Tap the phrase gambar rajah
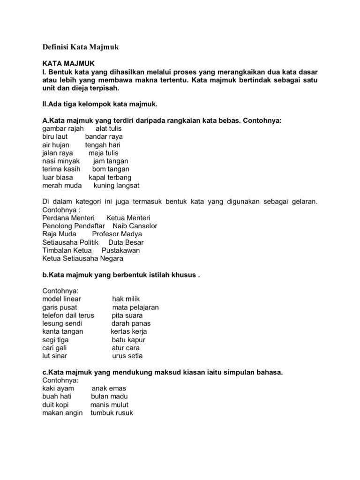pyautogui.click(x=63, y=128)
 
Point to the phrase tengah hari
pyautogui.click(x=103, y=145)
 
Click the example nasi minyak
pyautogui.click(x=61, y=161)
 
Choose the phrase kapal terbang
pyautogui.click(x=110, y=177)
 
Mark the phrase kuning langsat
pyautogui.click(x=117, y=185)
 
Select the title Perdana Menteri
pyautogui.click(x=68, y=218)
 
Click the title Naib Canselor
pyautogui.click(x=135, y=226)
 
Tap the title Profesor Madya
pyautogui.click(x=117, y=234)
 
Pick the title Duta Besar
pyautogui.click(x=126, y=242)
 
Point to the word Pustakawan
pyautogui.click(x=120, y=250)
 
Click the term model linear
pyautogui.click(x=61, y=299)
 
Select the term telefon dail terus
pyautogui.click(x=68, y=315)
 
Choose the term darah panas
pyautogui.click(x=131, y=323)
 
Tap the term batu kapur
pyautogui.click(x=128, y=340)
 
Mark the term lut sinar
pyautogui.click(x=54, y=356)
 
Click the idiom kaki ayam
pyautogui.click(x=58, y=389)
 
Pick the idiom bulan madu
pyautogui.click(x=109, y=397)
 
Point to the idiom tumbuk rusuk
pyautogui.click(x=112, y=413)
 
